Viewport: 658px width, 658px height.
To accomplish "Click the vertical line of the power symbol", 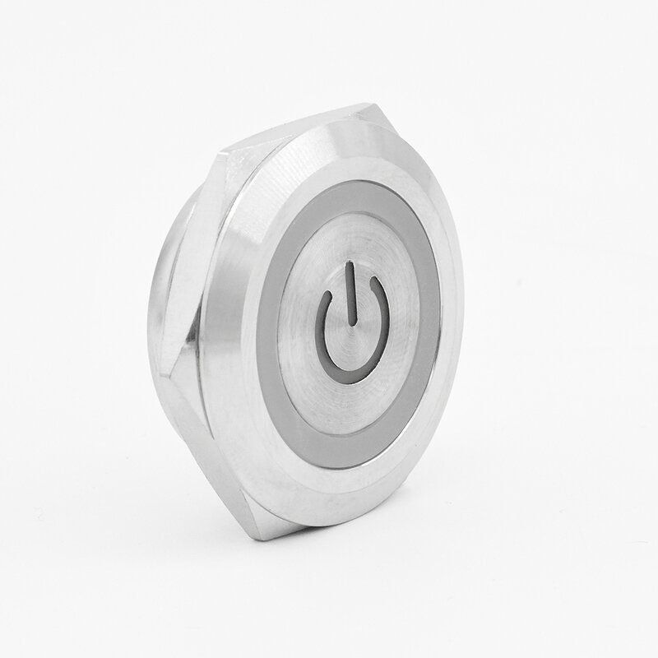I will (351, 293).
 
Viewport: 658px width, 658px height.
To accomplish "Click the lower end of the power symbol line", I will (350, 323).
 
